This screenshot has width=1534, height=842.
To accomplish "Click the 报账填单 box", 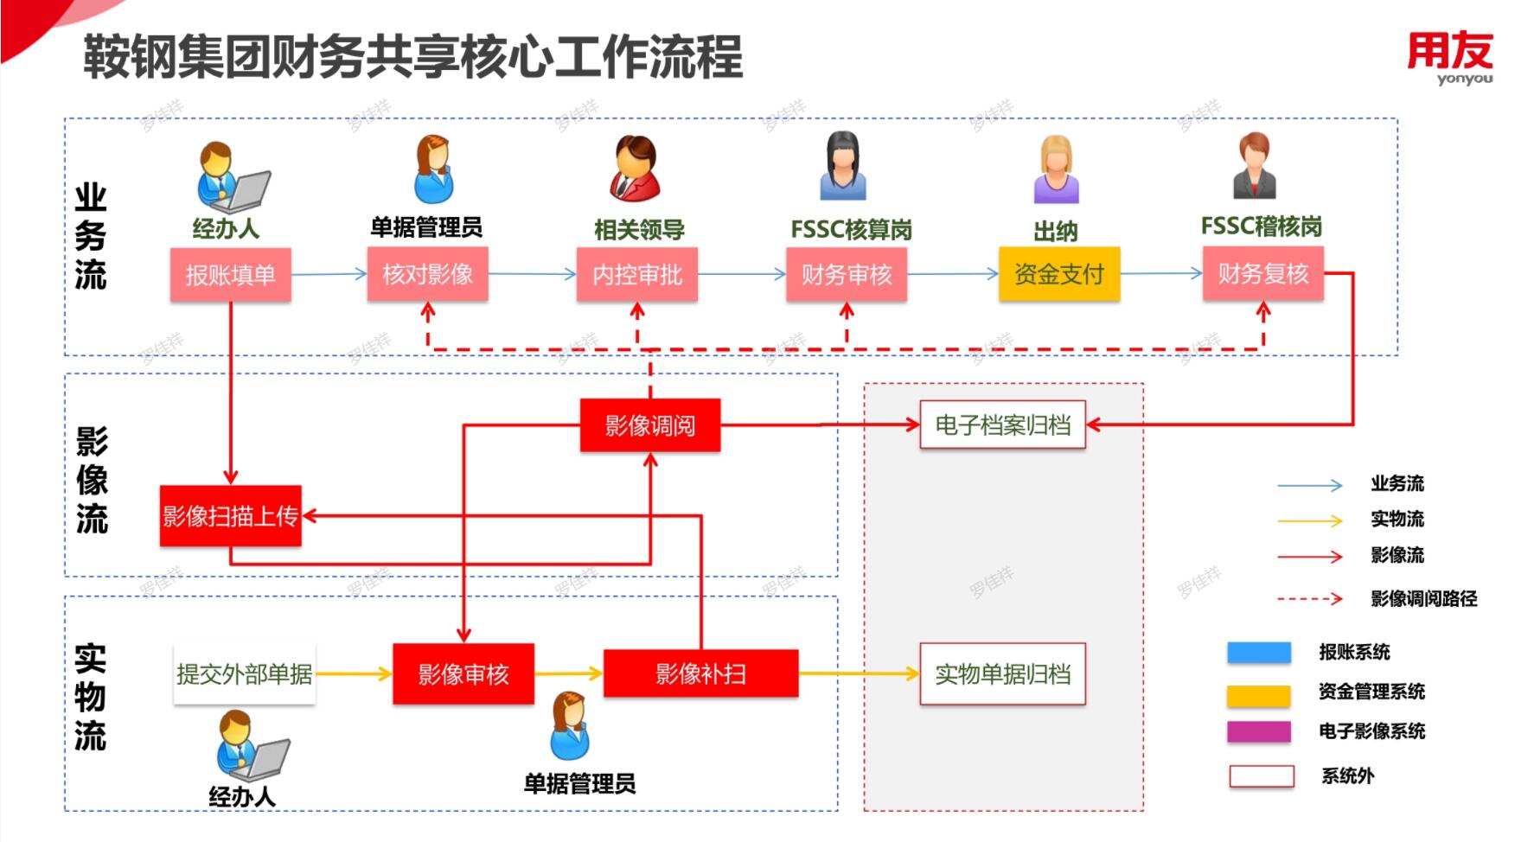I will pos(230,275).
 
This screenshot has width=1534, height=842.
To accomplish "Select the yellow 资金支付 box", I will pos(1058,274).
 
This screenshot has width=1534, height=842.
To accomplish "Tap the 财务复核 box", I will pos(1262,274).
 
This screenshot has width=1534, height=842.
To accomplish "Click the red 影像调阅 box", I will pos(649,425).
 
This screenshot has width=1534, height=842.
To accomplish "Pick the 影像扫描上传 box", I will pos(230,516).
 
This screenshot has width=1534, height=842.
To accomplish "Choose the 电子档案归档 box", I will pos(1002,424).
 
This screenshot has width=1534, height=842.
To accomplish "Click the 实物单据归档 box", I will pos(1002,673).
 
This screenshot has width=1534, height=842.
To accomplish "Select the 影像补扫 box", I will pos(700,673).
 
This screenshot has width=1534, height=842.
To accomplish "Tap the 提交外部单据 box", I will pos(244,673).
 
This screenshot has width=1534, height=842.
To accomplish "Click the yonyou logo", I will pos(1450,57).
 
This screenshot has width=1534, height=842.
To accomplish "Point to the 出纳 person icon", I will pos(1056,169).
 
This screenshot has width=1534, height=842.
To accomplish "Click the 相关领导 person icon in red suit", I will pos(636,169).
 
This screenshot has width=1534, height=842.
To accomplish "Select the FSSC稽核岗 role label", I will pos(1261,226).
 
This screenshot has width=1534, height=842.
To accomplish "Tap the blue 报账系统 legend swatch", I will pos(1258,653).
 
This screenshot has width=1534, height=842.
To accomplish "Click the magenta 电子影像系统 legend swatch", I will pos(1258,731).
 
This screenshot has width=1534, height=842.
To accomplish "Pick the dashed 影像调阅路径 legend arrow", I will pos(1309,598).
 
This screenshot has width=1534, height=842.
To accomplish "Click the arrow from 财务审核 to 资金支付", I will pos(952,274).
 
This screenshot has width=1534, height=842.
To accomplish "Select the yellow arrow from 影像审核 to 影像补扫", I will pos(568,673).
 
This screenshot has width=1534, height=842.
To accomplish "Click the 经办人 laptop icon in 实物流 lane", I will pos(252,746).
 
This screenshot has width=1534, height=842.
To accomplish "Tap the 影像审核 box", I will pos(463,673).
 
